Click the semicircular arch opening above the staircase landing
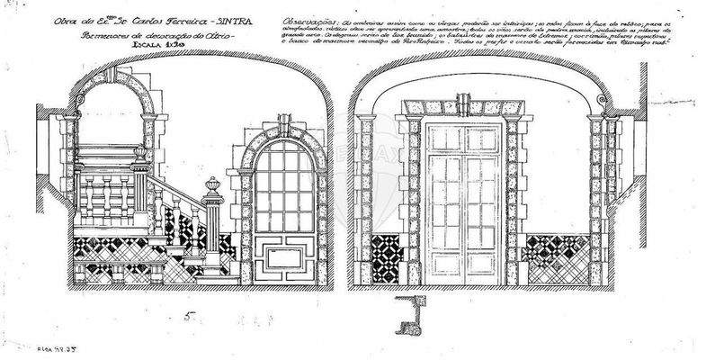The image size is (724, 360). pos(113,126)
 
